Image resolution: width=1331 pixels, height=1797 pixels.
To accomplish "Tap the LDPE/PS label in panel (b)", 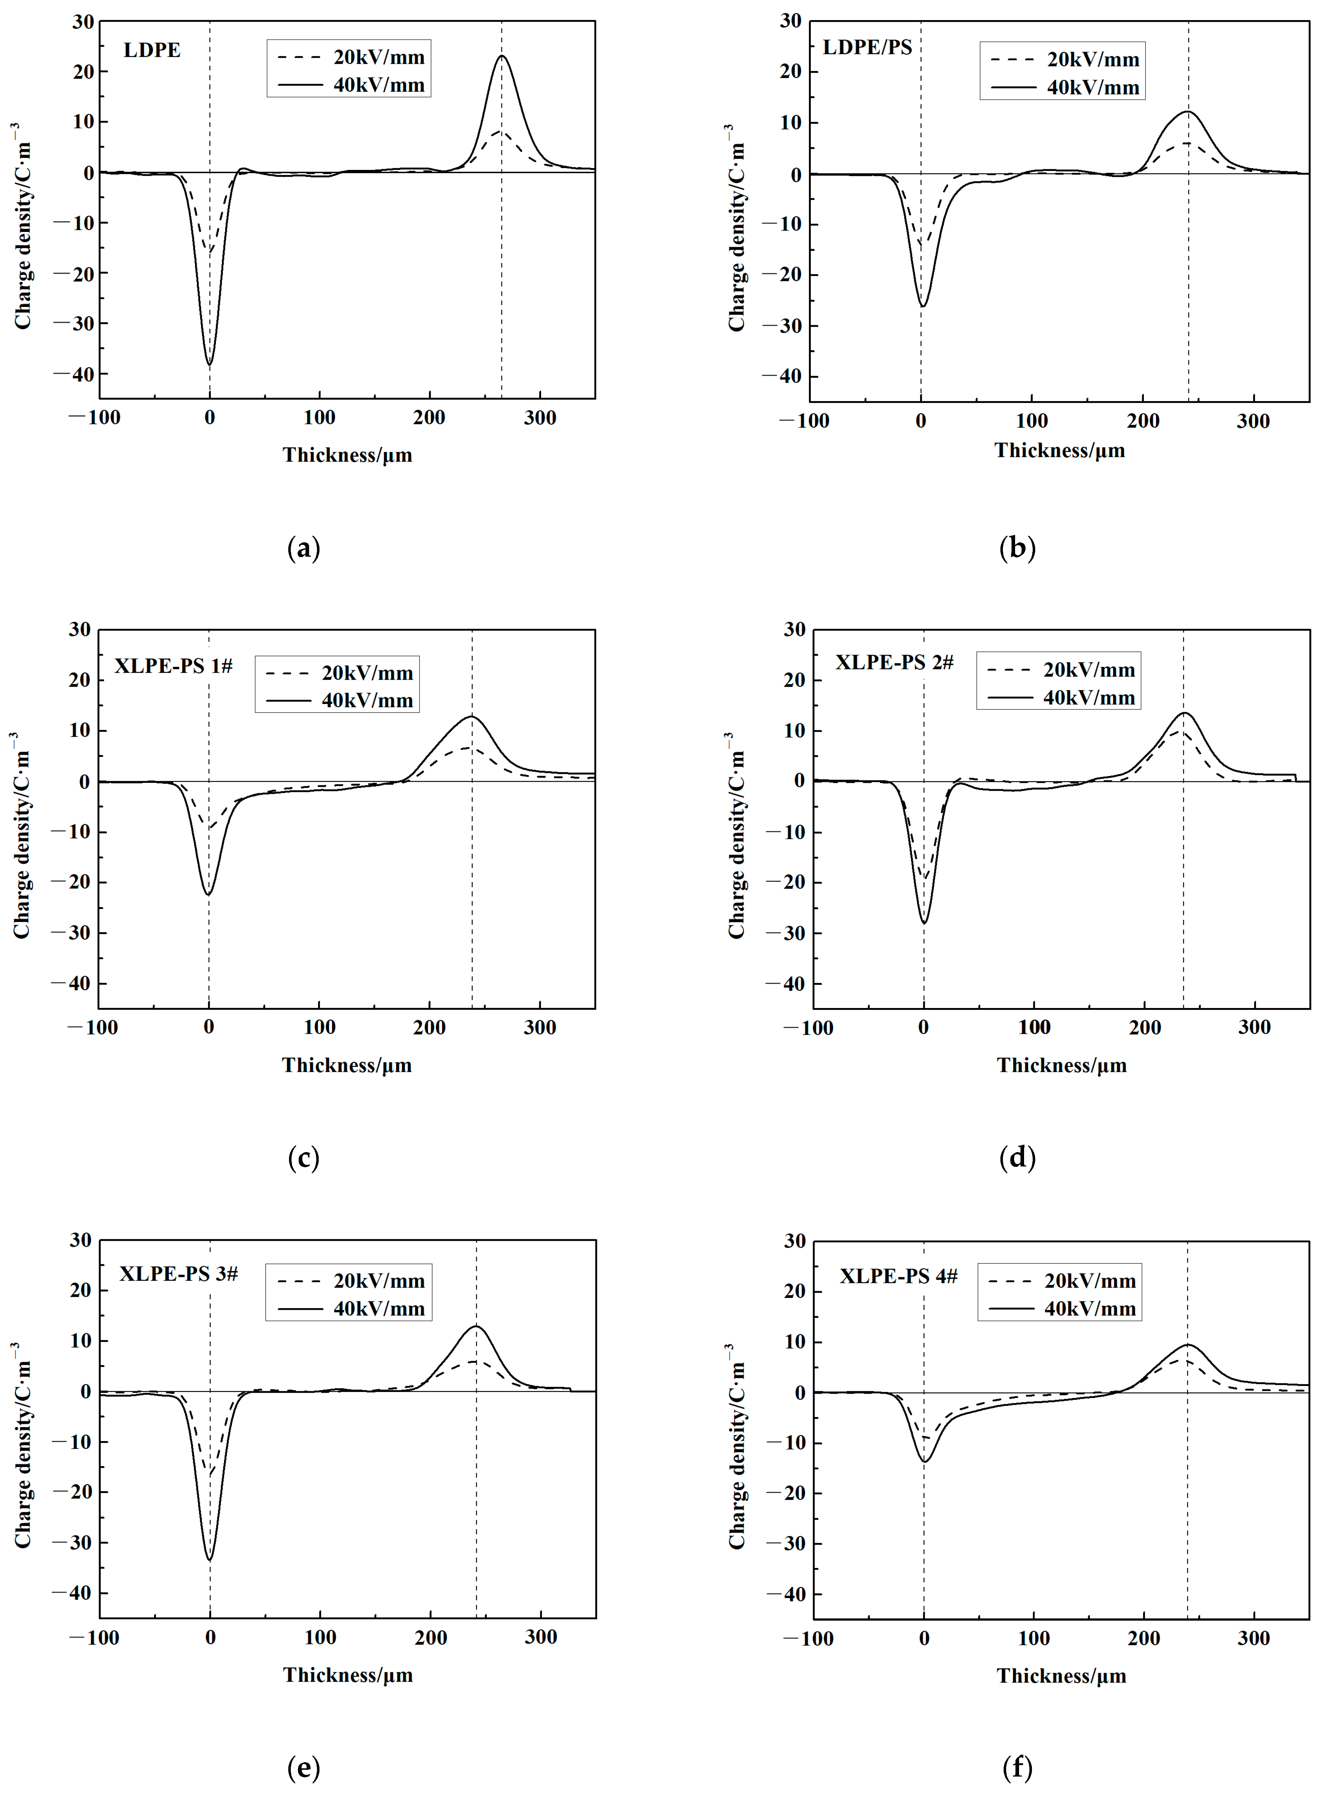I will [867, 48].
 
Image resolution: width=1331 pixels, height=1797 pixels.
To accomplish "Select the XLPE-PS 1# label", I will [173, 666].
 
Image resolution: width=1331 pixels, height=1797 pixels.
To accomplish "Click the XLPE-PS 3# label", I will [179, 1273].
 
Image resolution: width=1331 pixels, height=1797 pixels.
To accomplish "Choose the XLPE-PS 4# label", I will [898, 1276].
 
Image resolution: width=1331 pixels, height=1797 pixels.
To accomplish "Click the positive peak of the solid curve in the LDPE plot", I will [502, 56].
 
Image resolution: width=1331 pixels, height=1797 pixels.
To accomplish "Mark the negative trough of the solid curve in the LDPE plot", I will [209, 365].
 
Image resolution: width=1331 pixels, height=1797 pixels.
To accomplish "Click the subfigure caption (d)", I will [1017, 1157].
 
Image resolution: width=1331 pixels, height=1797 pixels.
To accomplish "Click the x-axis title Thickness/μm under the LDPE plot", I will [347, 455].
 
